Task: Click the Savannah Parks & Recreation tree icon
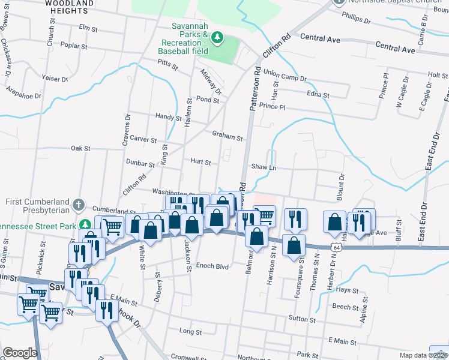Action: coord(217,39)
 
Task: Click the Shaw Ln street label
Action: coord(263,167)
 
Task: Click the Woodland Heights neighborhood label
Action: coord(69,7)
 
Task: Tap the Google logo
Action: coord(19,352)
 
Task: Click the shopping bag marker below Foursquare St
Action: coord(294,245)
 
